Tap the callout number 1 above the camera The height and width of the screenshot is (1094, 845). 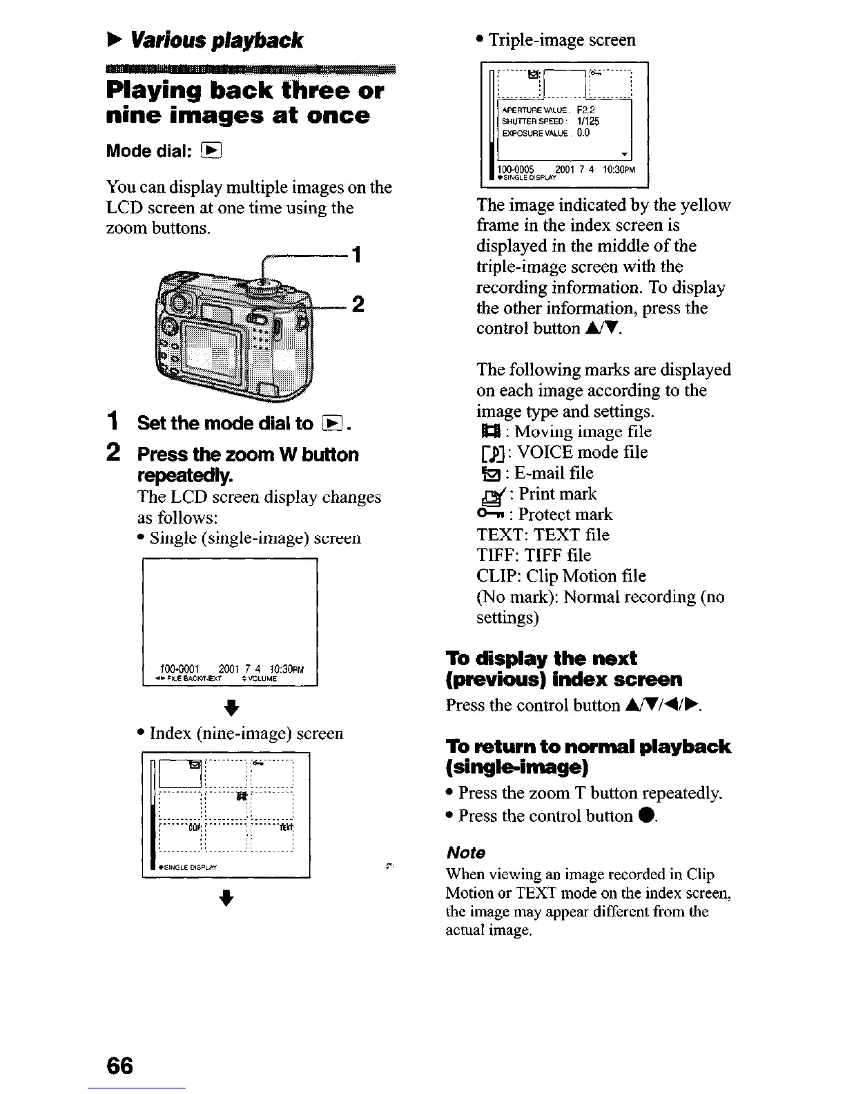[x=356, y=255]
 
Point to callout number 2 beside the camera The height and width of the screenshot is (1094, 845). [x=358, y=305]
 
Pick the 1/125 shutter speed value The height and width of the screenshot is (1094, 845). [x=588, y=121]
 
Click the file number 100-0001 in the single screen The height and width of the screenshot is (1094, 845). [x=179, y=668]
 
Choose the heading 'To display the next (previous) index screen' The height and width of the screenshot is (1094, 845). [x=564, y=669]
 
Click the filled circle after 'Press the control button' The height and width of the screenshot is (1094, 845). [x=643, y=816]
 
